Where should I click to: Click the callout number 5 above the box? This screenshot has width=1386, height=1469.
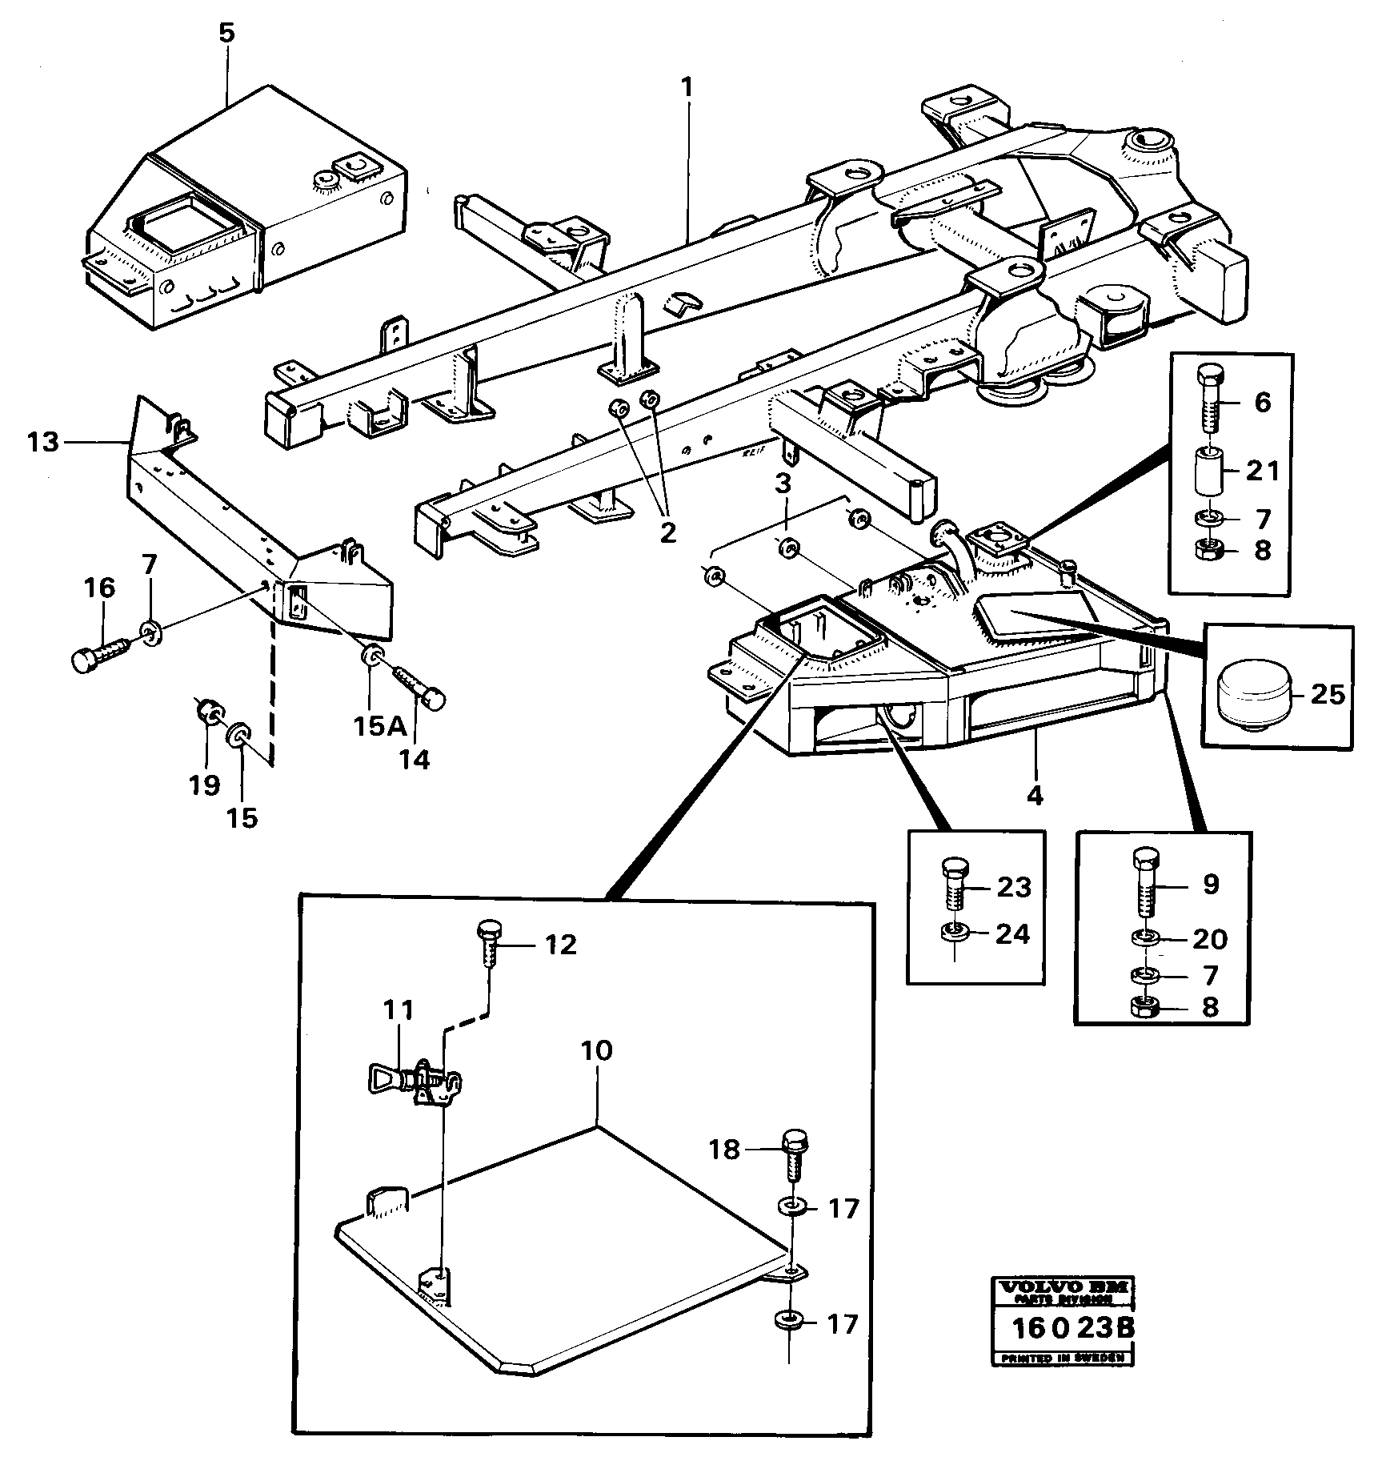(227, 34)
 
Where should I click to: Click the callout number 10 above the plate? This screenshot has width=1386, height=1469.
(597, 1050)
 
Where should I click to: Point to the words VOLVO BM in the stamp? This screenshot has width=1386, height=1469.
(1062, 1289)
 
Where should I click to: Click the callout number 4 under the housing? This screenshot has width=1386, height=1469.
(1035, 796)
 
